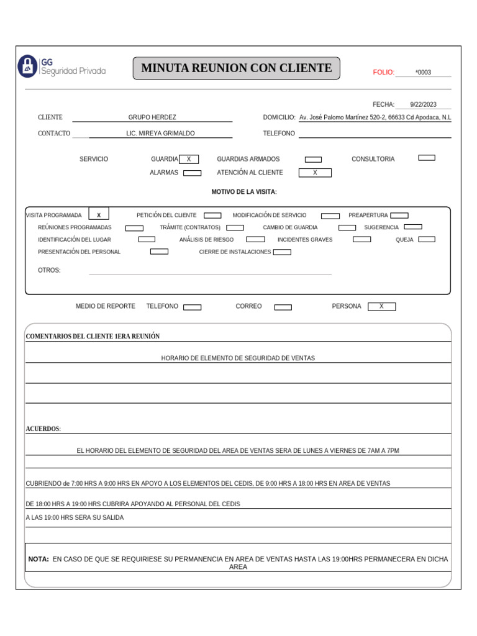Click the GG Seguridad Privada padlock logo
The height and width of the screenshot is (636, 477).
tap(27, 66)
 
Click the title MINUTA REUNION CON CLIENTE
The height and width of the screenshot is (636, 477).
tap(237, 68)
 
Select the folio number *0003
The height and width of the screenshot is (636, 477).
tap(423, 73)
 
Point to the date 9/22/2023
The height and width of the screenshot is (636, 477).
tap(423, 105)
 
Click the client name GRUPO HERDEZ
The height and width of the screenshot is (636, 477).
tap(152, 117)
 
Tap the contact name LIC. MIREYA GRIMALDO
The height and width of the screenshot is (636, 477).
tap(160, 134)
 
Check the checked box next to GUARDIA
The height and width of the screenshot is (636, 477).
tap(189, 159)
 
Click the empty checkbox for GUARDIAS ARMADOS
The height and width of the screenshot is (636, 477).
tap(313, 160)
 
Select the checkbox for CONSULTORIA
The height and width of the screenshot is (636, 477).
tap(427, 158)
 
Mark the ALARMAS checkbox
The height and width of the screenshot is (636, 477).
tap(192, 173)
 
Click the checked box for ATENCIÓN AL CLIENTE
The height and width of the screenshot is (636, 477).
tap(315, 173)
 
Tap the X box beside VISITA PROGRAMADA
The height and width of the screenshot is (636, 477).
tap(99, 215)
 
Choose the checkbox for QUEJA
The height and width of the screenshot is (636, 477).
tap(427, 239)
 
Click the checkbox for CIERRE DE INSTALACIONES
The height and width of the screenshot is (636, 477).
tap(282, 252)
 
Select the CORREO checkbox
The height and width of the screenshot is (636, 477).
tap(283, 307)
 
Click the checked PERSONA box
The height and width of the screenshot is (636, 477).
tap(381, 306)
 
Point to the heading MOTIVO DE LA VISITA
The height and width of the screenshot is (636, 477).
tap(244, 192)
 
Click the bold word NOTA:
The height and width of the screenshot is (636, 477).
tap(39, 559)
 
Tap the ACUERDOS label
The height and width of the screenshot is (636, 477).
tap(43, 429)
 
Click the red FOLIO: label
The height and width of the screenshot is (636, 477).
tap(383, 73)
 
